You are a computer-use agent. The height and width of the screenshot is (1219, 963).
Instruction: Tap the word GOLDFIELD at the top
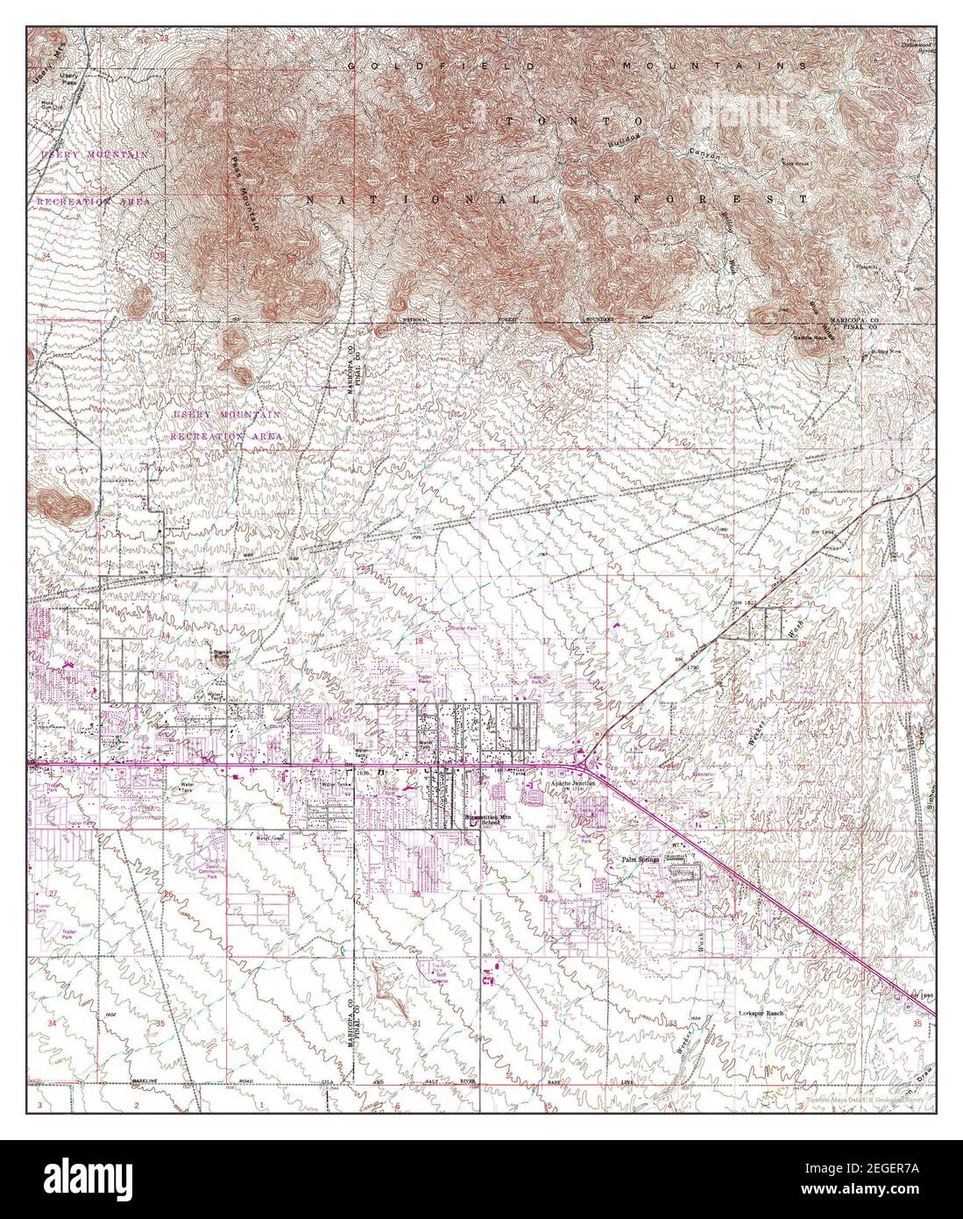tap(412, 66)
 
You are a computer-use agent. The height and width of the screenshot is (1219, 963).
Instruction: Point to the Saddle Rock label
tap(811, 337)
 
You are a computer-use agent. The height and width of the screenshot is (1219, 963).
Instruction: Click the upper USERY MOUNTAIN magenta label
tap(95, 154)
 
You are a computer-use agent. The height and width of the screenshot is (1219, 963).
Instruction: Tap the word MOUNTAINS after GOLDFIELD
tap(702, 66)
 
